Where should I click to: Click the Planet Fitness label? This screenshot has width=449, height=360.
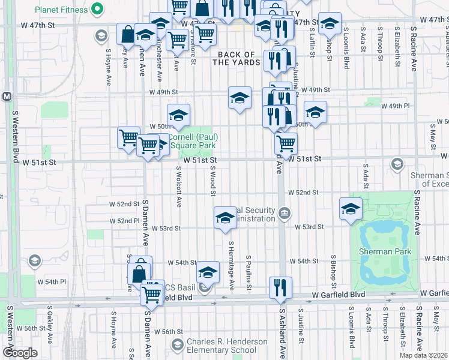[x=61, y=10]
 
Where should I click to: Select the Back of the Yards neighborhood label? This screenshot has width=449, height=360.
[x=238, y=58]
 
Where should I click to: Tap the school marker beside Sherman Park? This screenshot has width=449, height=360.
[x=351, y=208]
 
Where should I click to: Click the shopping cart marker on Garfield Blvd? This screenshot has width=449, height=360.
[x=152, y=294]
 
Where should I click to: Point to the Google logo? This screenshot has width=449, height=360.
[x=20, y=353]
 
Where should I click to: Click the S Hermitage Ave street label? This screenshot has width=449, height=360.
[x=231, y=264]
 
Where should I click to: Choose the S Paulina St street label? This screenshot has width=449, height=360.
[x=248, y=272]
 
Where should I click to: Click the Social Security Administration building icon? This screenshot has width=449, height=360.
[x=285, y=213]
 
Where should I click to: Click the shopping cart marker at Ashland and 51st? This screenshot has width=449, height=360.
[x=286, y=143]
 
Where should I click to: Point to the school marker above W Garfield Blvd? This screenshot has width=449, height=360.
[x=208, y=272]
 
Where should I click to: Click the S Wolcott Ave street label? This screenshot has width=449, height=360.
[x=179, y=187]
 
